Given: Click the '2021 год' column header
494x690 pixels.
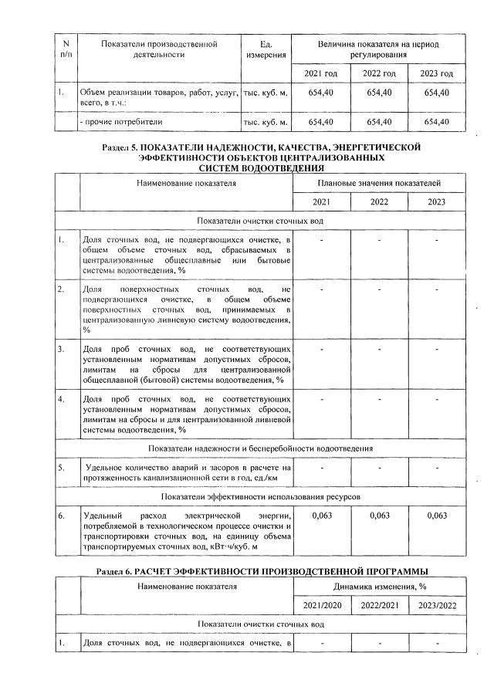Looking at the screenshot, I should coord(323,73).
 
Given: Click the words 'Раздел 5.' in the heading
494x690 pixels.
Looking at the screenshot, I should coord(123,147).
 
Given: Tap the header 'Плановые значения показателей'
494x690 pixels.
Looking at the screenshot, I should coord(380,184).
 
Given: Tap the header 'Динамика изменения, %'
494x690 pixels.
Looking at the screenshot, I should coord(380,587).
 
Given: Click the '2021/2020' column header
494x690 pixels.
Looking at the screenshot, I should coord(323,607).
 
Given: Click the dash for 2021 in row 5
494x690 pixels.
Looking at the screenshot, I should coord(323,468).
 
